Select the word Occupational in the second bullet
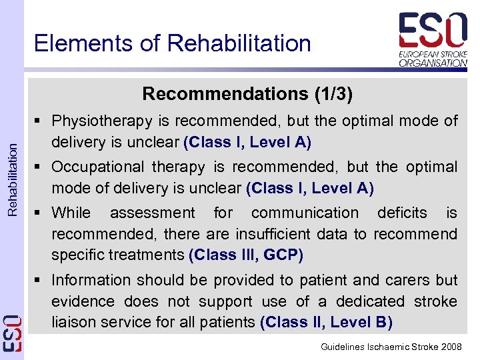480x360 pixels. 97,167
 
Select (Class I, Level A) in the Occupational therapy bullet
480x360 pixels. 310,188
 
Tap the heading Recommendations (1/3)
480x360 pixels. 247,93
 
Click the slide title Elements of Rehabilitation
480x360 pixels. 172,43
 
